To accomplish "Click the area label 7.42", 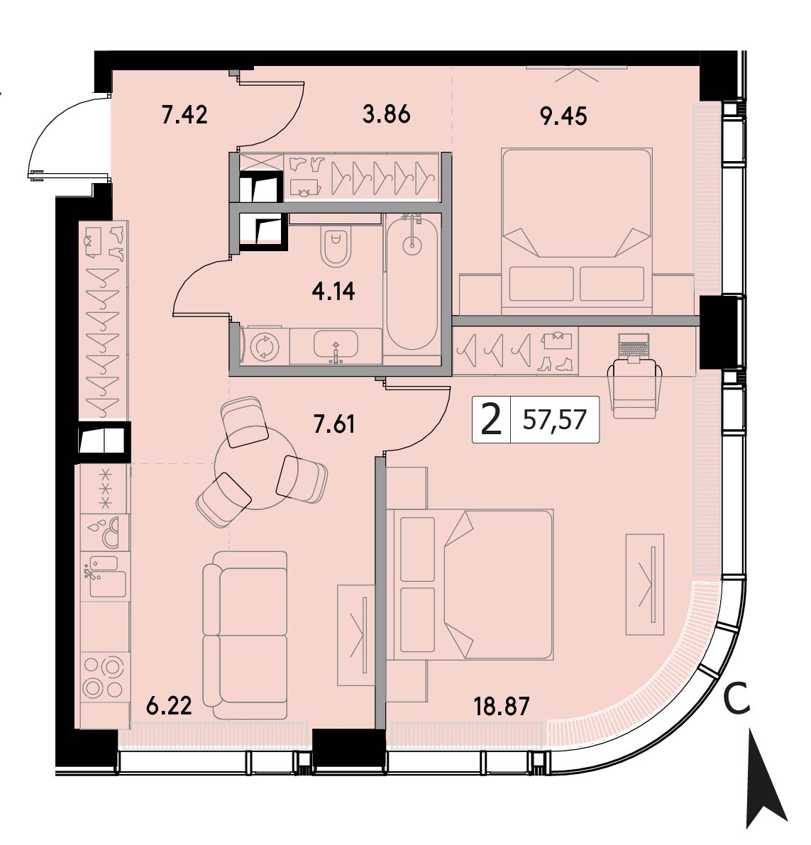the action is point(184,115).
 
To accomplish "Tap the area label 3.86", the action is point(387,114).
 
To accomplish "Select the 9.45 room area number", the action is point(563,116).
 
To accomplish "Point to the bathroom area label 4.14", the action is point(333,292).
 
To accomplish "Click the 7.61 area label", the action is point(334,425).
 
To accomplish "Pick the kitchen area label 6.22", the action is point(169,705).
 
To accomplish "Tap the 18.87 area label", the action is point(501,705).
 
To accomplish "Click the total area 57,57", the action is point(554,419).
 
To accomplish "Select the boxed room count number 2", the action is point(491,420).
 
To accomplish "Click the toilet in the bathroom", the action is point(336,246).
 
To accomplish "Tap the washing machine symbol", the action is point(265,346).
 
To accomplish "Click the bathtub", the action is point(412,284).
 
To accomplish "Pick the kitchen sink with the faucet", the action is point(104,576).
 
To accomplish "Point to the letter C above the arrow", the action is point(736,699).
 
